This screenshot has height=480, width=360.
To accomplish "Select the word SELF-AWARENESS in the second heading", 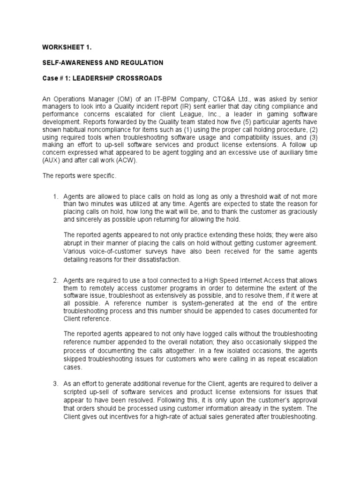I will point(69,62).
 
